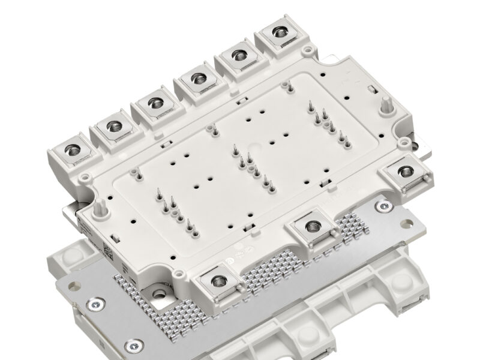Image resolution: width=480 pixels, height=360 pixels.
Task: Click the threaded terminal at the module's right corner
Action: (x=402, y=173)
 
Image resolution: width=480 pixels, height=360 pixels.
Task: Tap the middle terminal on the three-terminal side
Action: (x=311, y=226)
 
